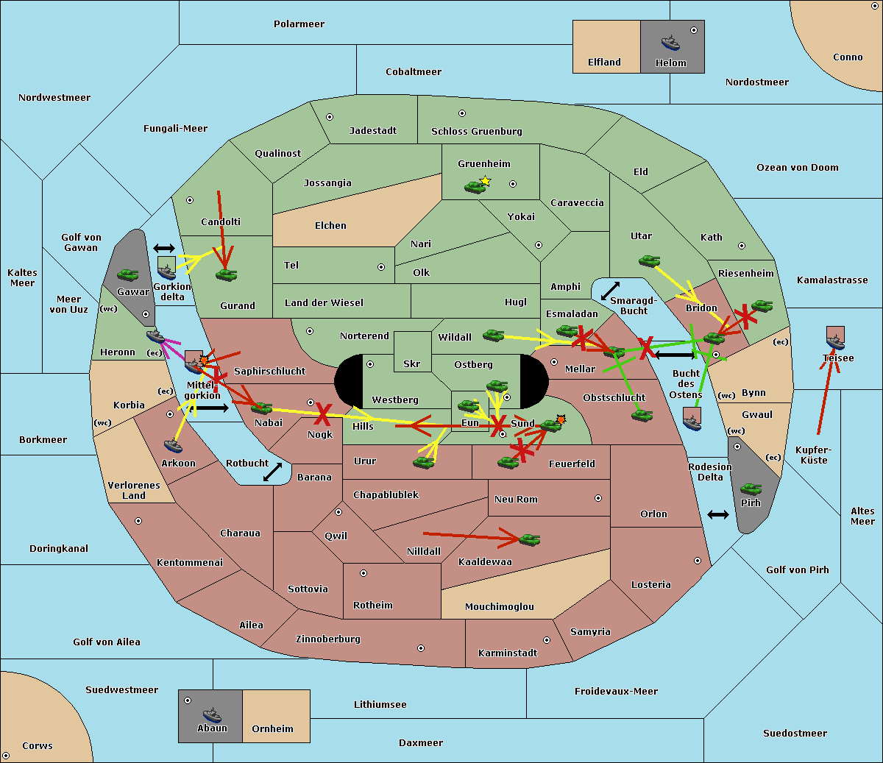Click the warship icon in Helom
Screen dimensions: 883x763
click(670, 43)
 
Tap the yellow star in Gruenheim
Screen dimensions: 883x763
click(486, 181)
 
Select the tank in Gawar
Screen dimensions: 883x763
click(127, 274)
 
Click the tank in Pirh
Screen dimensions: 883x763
click(751, 489)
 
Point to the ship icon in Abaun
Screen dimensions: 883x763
click(212, 714)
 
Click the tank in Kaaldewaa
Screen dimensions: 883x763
click(529, 539)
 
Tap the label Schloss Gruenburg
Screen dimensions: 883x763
click(476, 131)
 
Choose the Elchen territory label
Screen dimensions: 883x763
click(330, 226)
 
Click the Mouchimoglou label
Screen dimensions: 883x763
click(500, 606)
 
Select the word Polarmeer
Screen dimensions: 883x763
click(299, 24)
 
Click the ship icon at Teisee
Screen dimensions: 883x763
click(835, 342)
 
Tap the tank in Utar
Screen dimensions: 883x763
click(649, 260)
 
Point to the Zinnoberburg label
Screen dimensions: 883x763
click(328, 639)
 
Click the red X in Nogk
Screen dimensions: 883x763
click(323, 414)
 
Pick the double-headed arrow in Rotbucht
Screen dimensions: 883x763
click(272, 472)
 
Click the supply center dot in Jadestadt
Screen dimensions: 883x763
click(330, 117)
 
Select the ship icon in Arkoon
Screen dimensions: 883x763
click(173, 446)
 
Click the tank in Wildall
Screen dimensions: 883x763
click(494, 336)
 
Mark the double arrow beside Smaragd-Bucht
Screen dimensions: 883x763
click(610, 291)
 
